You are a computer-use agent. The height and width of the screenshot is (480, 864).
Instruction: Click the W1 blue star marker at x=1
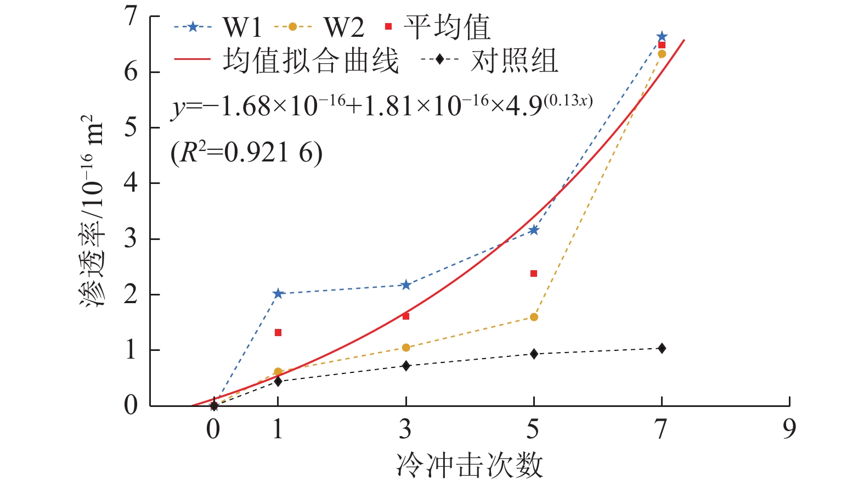click(x=278, y=293)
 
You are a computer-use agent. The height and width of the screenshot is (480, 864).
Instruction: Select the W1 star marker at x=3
click(x=406, y=284)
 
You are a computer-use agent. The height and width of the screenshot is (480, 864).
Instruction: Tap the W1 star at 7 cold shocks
click(x=662, y=37)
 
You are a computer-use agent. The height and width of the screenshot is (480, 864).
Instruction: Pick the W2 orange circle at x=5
click(x=534, y=317)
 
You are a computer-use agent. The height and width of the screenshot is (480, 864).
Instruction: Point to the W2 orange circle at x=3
click(x=406, y=348)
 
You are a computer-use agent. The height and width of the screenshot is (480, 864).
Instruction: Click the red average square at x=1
click(x=278, y=332)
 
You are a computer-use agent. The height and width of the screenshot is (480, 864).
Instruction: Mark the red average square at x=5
click(x=534, y=274)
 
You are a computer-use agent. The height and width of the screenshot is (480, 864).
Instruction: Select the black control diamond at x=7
click(x=662, y=348)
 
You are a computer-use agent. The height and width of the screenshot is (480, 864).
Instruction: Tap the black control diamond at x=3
click(x=406, y=366)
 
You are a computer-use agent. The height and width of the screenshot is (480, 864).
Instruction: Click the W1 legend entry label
click(x=242, y=27)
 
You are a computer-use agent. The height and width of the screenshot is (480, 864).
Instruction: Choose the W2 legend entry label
click(x=343, y=27)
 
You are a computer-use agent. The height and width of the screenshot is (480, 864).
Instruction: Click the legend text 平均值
click(x=447, y=27)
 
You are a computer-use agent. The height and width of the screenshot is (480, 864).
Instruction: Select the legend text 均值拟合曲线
click(x=310, y=60)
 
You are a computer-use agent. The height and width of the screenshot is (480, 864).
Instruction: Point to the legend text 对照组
click(x=514, y=60)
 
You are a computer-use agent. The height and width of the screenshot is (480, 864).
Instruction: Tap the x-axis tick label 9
click(x=789, y=428)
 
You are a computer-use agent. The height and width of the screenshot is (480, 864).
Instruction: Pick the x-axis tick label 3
click(x=405, y=428)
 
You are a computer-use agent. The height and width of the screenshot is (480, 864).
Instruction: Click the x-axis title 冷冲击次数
click(x=470, y=465)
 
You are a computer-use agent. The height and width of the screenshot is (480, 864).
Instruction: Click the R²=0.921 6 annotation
click(x=247, y=152)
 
